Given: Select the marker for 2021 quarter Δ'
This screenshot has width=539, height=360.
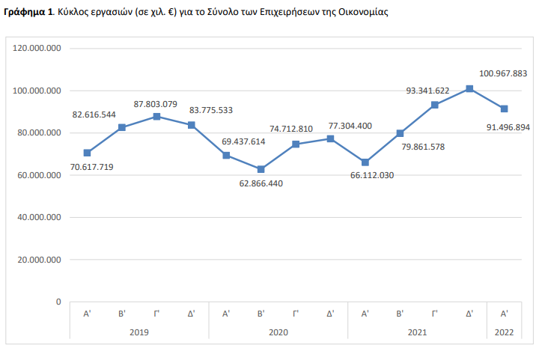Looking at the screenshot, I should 469,89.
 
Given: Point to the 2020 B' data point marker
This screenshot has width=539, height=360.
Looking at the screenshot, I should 261,169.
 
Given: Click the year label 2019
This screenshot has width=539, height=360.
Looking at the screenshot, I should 139,332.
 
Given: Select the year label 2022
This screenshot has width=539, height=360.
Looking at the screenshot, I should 504,332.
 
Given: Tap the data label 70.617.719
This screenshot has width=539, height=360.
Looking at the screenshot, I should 88,168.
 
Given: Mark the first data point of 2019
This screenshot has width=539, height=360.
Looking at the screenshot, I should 88,153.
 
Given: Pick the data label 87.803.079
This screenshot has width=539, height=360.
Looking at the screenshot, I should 156,104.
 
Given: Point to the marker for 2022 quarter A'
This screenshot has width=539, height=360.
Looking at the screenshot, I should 504,109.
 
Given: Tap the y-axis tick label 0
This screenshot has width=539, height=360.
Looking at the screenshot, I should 58,302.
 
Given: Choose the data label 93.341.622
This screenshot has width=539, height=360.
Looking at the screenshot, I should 427,91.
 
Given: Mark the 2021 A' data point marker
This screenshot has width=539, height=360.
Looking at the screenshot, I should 365,162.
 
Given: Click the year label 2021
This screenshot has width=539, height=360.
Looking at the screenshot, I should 417,332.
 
